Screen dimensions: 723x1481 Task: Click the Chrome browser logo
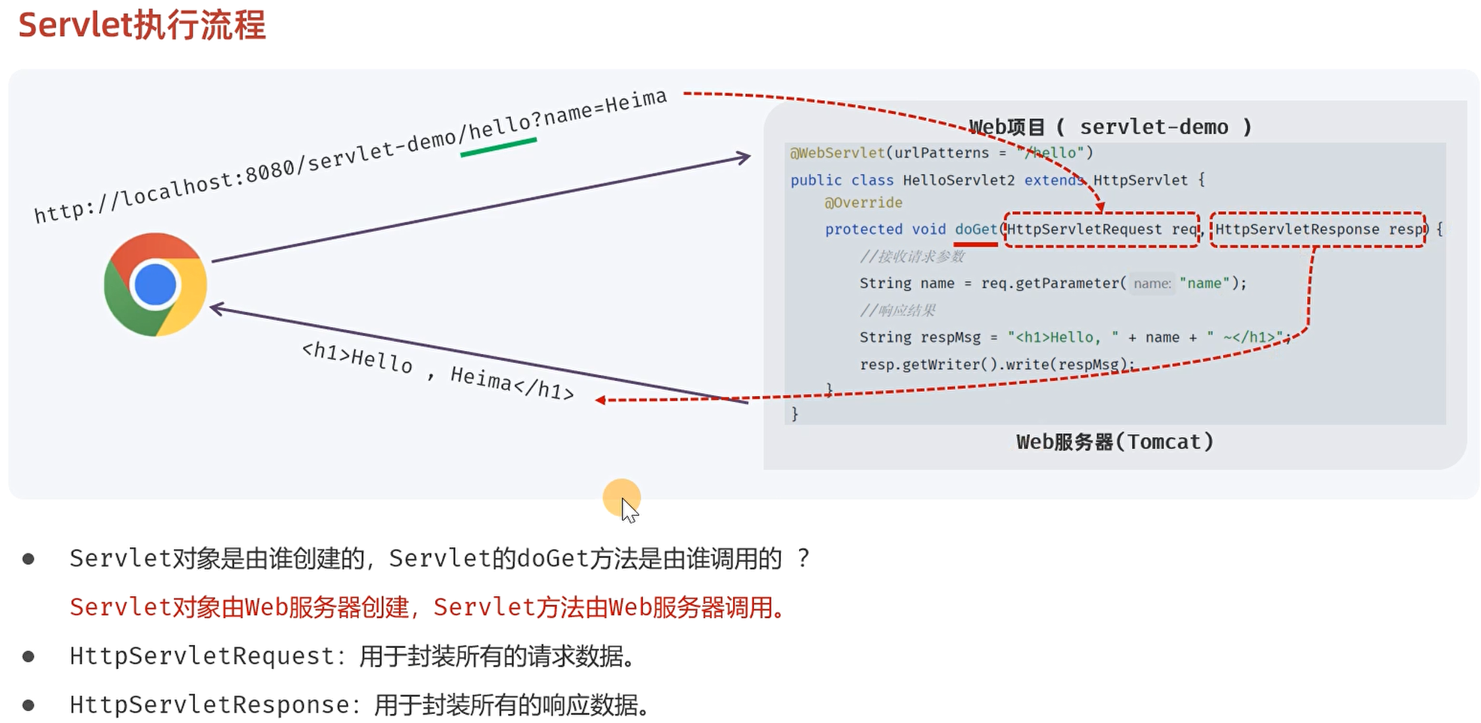point(155,285)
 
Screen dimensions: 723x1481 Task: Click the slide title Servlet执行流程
point(142,25)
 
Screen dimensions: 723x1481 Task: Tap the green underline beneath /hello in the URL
point(498,147)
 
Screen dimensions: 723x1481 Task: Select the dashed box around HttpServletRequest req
point(1102,229)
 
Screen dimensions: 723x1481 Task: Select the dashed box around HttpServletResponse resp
point(1317,229)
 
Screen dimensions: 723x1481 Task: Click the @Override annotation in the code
point(863,202)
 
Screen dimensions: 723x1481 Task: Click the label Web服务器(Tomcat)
point(1114,442)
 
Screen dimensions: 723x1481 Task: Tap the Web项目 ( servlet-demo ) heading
point(1110,127)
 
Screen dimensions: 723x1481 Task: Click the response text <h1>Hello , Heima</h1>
point(437,370)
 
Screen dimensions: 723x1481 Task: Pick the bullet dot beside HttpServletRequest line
point(29,657)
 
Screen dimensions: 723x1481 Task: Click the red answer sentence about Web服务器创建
point(428,607)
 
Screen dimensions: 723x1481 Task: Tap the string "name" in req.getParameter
point(1204,283)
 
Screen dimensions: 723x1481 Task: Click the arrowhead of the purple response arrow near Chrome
point(216,307)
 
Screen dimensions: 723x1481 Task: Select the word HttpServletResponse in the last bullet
point(209,705)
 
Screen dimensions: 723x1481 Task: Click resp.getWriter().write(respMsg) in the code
point(996,364)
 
